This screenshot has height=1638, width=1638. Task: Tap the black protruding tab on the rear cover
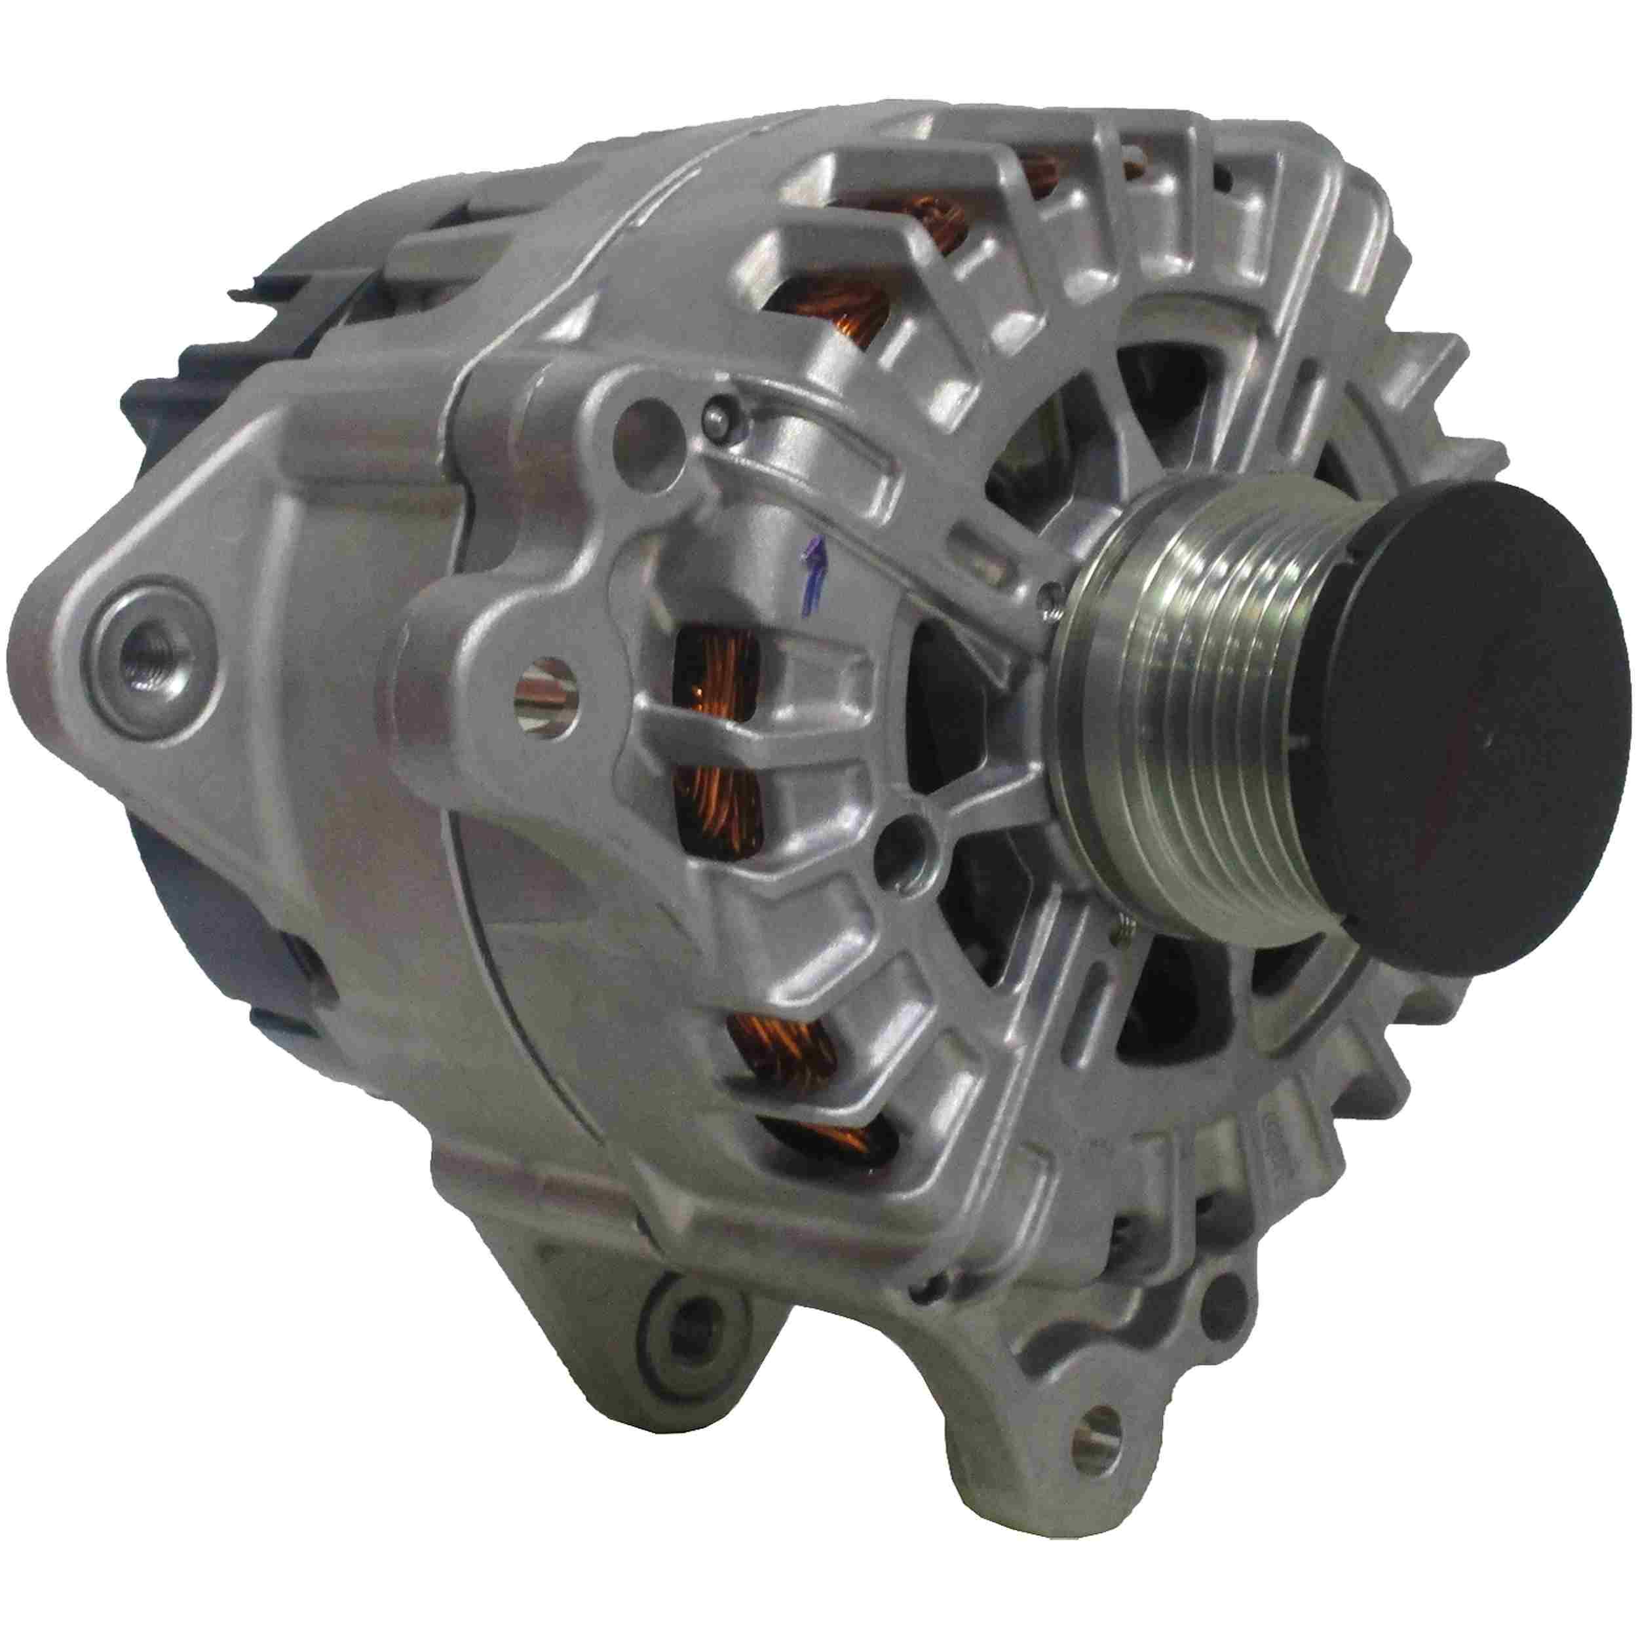point(246,294)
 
